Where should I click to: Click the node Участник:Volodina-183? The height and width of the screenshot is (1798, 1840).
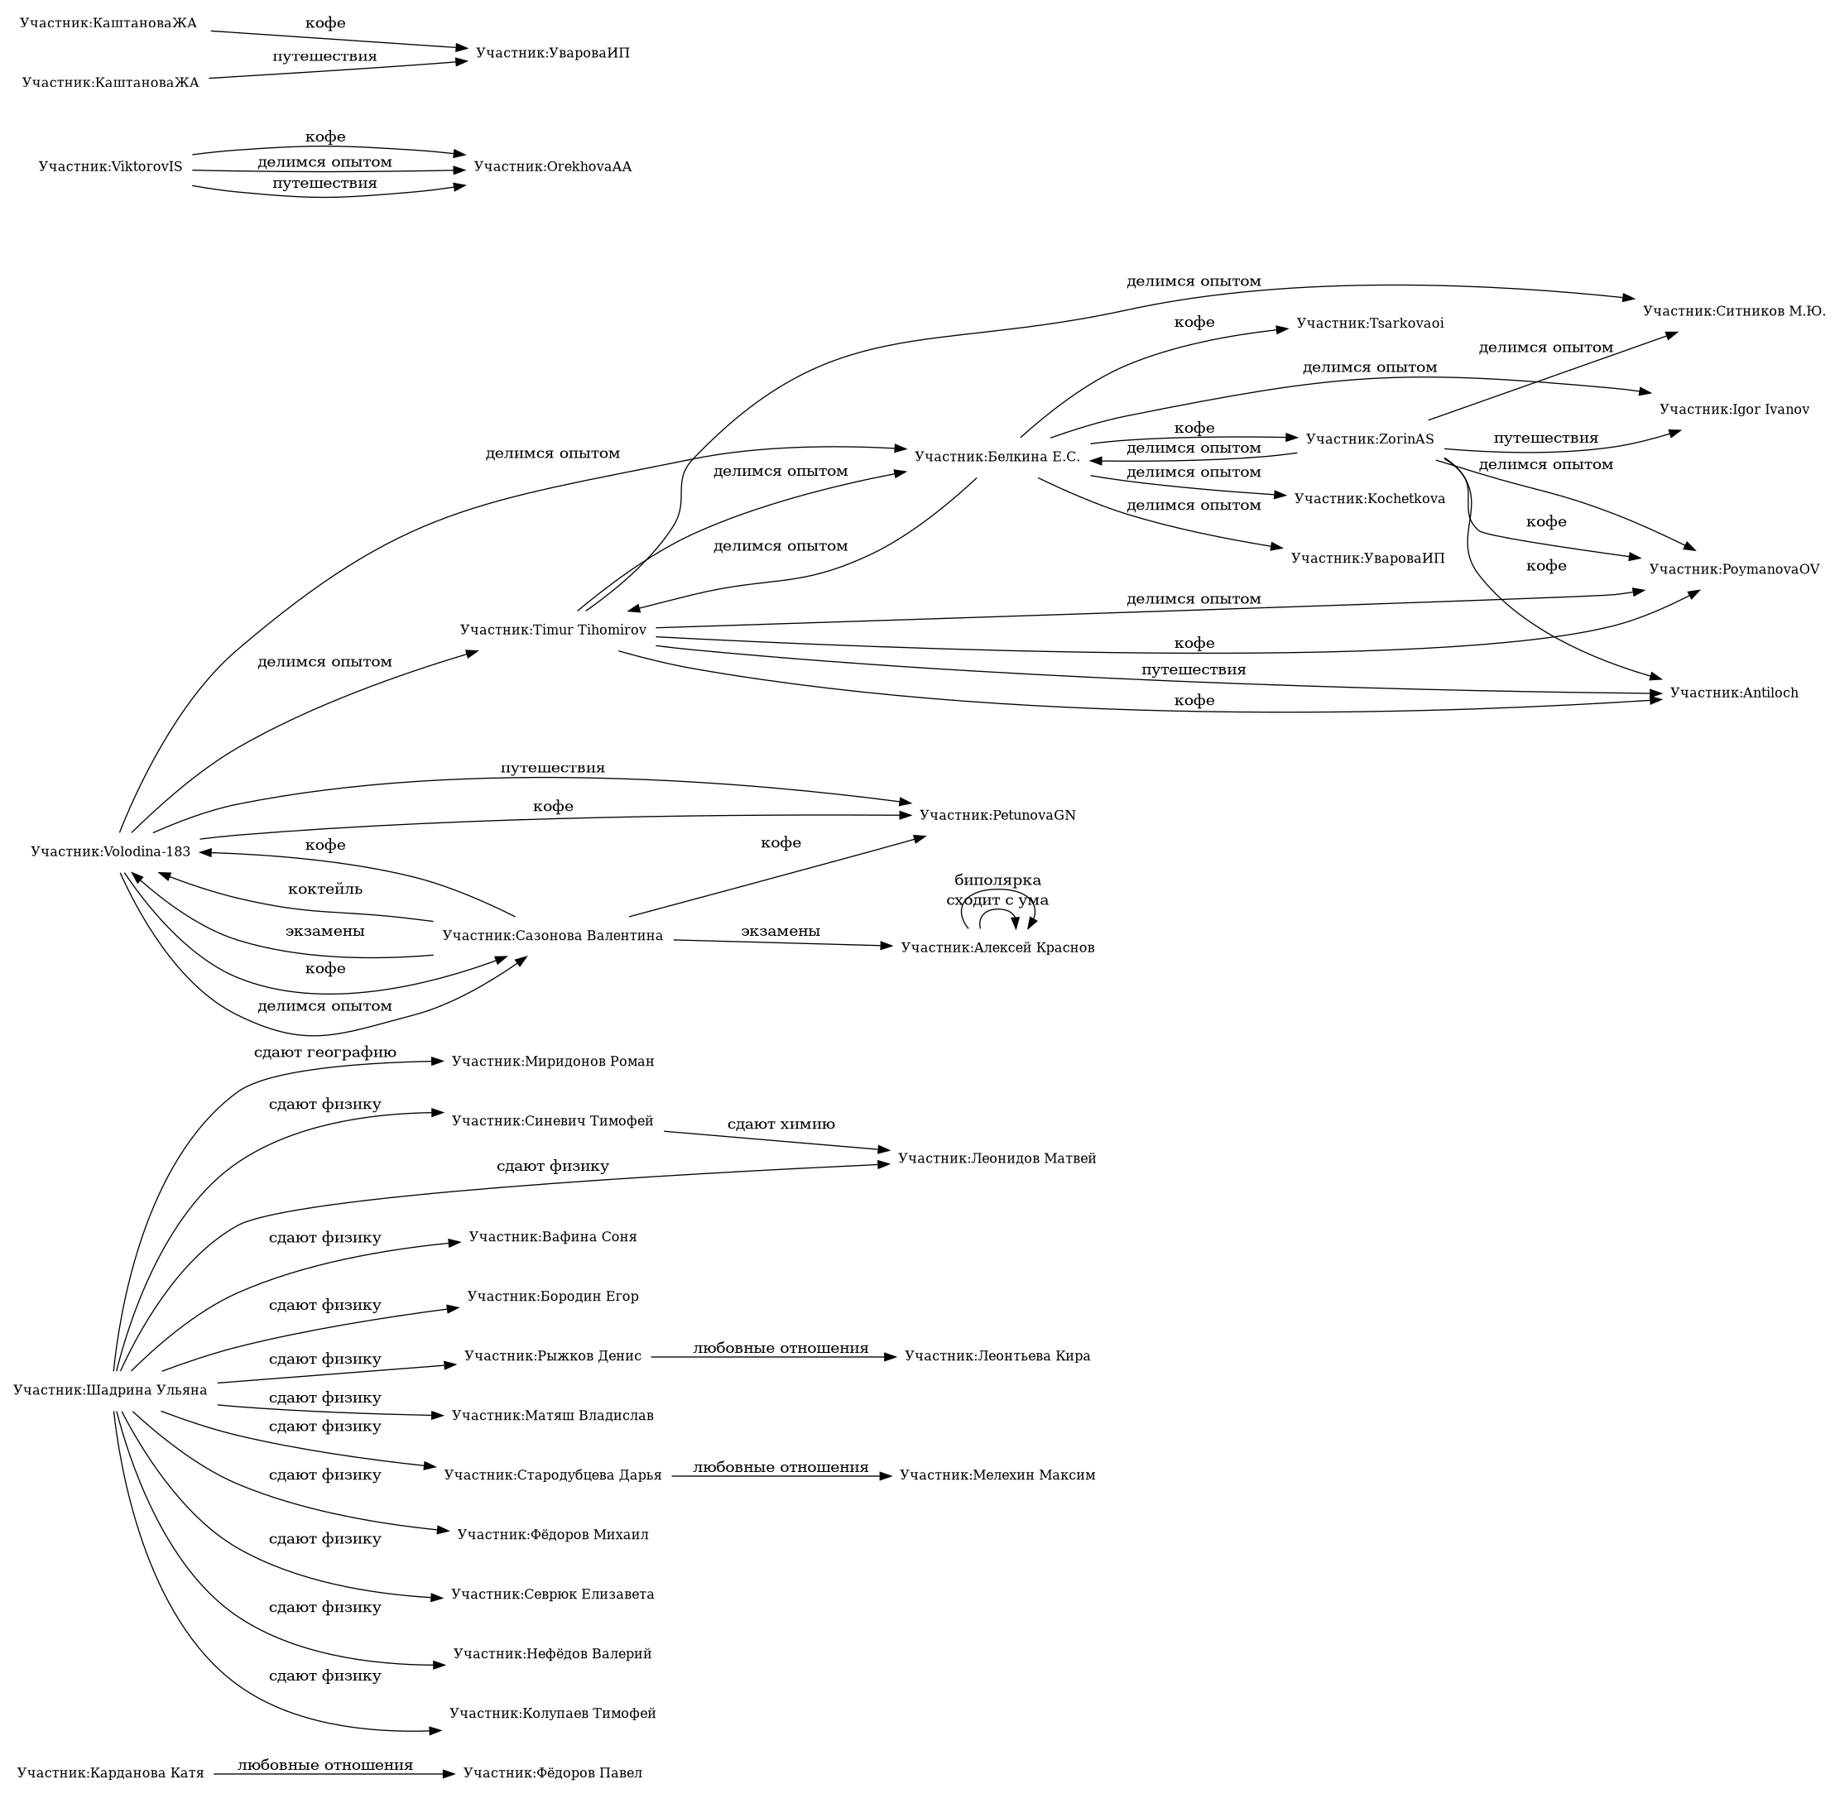(111, 851)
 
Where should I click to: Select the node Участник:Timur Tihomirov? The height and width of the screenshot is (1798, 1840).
(553, 630)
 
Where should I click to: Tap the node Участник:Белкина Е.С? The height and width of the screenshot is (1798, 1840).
(997, 457)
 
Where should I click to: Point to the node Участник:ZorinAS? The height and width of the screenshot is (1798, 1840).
(1370, 439)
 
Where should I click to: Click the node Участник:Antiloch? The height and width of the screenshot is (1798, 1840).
(1733, 693)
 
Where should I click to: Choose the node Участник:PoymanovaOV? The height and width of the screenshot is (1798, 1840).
(1733, 568)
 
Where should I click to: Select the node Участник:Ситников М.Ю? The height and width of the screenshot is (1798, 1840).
(1733, 310)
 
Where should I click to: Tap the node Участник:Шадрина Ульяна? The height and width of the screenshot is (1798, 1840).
(111, 1390)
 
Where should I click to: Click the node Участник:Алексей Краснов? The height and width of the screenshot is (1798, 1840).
(997, 948)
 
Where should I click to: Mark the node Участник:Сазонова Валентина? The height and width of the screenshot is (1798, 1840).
(553, 936)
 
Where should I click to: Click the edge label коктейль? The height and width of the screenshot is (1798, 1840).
(325, 889)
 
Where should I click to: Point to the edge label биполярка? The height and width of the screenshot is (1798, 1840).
(997, 881)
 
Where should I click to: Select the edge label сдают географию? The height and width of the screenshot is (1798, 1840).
(325, 1052)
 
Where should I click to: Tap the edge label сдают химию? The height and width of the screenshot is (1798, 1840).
(781, 1124)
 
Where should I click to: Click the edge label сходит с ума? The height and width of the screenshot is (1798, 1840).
(997, 900)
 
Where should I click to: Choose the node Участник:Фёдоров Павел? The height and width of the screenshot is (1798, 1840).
(553, 1773)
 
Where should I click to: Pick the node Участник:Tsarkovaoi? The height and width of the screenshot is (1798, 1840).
(1370, 324)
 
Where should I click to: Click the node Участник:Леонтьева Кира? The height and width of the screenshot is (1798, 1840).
(997, 1357)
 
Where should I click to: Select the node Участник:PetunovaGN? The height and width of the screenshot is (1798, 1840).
(997, 815)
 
